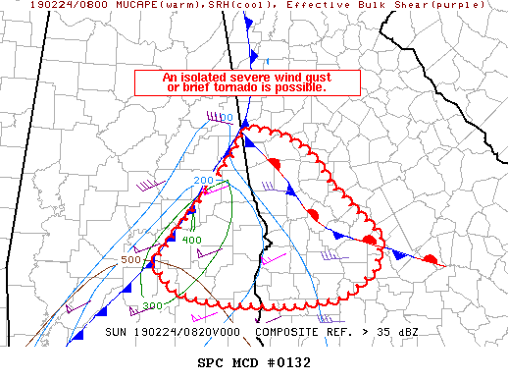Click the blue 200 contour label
203,181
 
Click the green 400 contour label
191,241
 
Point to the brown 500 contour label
130,260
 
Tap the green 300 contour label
152,306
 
